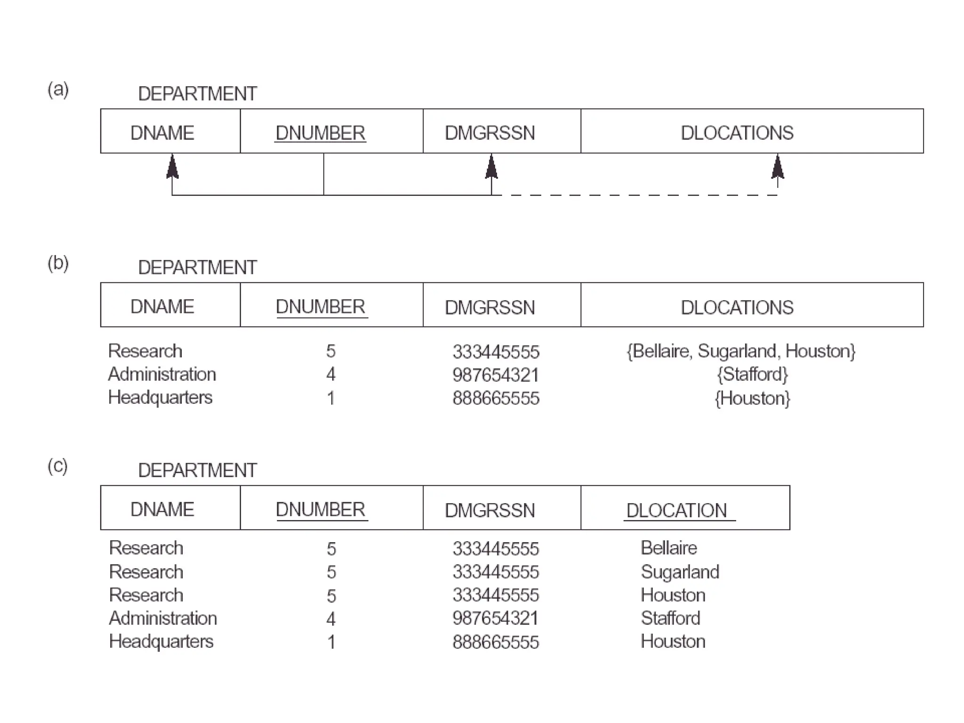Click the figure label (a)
[58, 89]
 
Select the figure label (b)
[58, 263]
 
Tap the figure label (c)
[58, 466]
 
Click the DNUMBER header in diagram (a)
[320, 133]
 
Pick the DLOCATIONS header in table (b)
[737, 307]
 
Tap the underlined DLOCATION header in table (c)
[677, 510]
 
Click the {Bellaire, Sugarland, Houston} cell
[741, 351]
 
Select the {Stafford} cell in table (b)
[752, 375]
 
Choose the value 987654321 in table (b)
[496, 375]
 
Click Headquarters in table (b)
[160, 398]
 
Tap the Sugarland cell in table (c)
[680, 572]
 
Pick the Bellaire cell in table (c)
[668, 548]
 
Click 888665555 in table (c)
[496, 642]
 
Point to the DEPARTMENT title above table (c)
[197, 470]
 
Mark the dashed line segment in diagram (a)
[635, 195]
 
